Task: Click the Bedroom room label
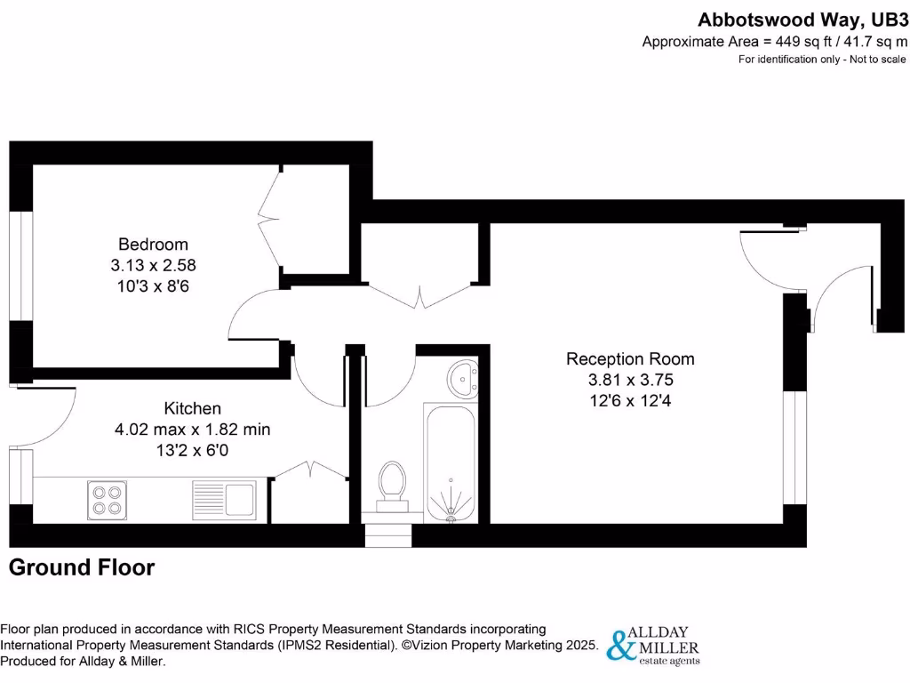pyautogui.click(x=153, y=244)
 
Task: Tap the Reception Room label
pyautogui.click(x=630, y=359)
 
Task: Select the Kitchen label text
pyautogui.click(x=193, y=408)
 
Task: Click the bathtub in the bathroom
pyautogui.click(x=453, y=462)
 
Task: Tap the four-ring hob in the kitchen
pyautogui.click(x=105, y=499)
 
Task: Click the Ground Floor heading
pyautogui.click(x=82, y=567)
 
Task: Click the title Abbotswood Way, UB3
pyautogui.click(x=802, y=19)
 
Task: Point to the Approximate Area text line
pyautogui.click(x=775, y=41)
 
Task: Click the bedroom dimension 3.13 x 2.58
pyautogui.click(x=153, y=265)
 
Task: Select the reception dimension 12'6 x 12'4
pyautogui.click(x=630, y=400)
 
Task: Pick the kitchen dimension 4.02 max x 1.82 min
pyautogui.click(x=193, y=430)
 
